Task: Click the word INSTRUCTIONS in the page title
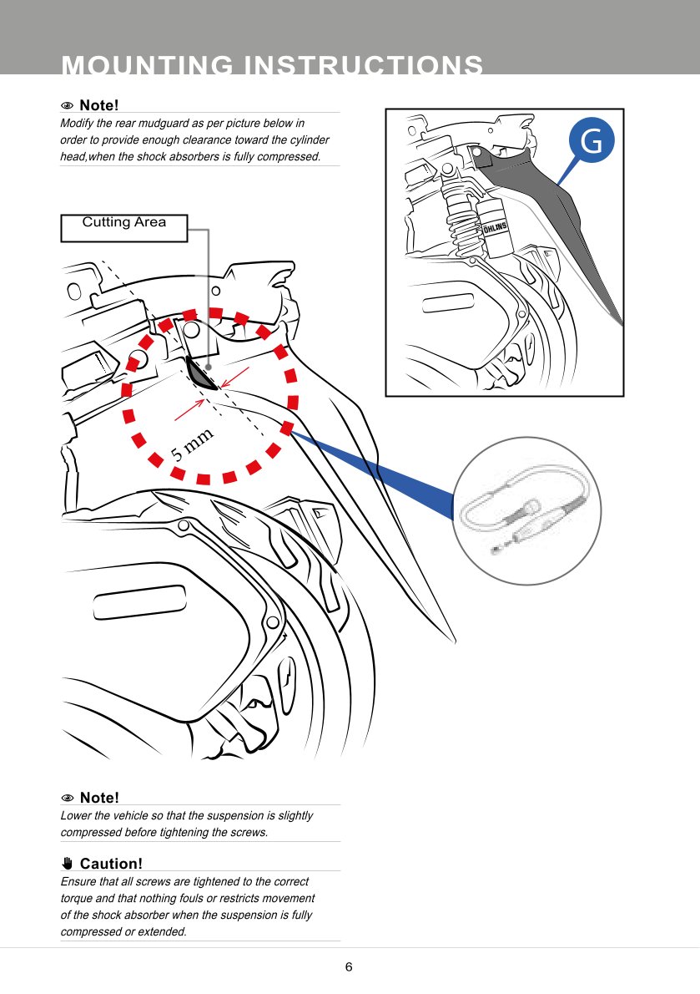pyautogui.click(x=362, y=65)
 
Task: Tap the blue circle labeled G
pyautogui.click(x=591, y=142)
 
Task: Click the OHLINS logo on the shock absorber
pyautogui.click(x=495, y=226)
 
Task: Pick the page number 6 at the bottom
pyautogui.click(x=349, y=967)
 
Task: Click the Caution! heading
pyautogui.click(x=111, y=864)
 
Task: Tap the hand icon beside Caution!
pyautogui.click(x=68, y=863)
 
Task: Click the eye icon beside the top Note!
pyautogui.click(x=68, y=106)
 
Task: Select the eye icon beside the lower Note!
pyautogui.click(x=68, y=799)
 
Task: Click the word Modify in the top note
pyautogui.click(x=77, y=124)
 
